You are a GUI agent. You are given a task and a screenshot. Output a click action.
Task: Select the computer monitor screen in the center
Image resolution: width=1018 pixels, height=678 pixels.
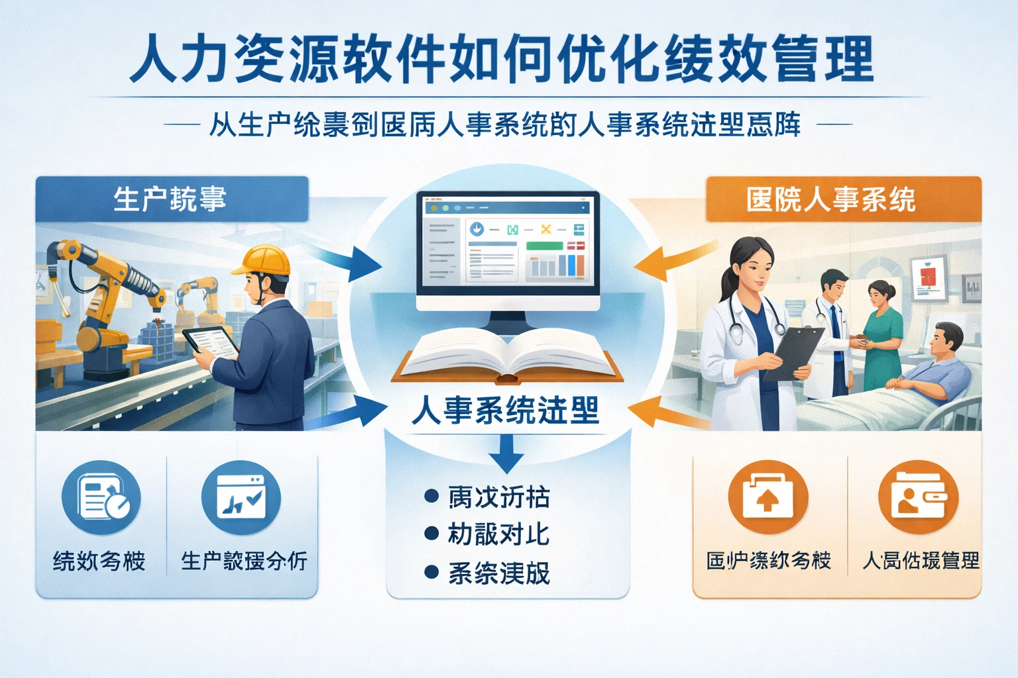click(x=508, y=244)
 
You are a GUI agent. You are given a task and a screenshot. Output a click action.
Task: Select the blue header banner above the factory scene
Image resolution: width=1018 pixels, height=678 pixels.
click(x=172, y=199)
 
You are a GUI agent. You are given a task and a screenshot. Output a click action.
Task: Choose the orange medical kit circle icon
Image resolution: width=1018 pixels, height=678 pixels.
click(x=767, y=497)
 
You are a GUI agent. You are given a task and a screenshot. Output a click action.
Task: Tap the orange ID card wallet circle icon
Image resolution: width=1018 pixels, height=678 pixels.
click(x=918, y=497)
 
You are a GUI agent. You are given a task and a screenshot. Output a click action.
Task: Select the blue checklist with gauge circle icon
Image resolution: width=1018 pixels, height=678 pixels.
click(x=101, y=497)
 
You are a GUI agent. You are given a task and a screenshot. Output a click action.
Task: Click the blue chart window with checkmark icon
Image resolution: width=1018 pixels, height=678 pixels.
click(x=241, y=497)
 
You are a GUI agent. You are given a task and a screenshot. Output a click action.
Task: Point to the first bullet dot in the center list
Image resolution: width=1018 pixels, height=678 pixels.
click(x=431, y=496)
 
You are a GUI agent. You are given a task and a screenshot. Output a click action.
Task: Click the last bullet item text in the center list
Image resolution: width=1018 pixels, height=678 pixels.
click(x=499, y=573)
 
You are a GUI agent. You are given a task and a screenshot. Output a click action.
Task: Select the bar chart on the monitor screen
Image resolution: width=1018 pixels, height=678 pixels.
click(x=555, y=266)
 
